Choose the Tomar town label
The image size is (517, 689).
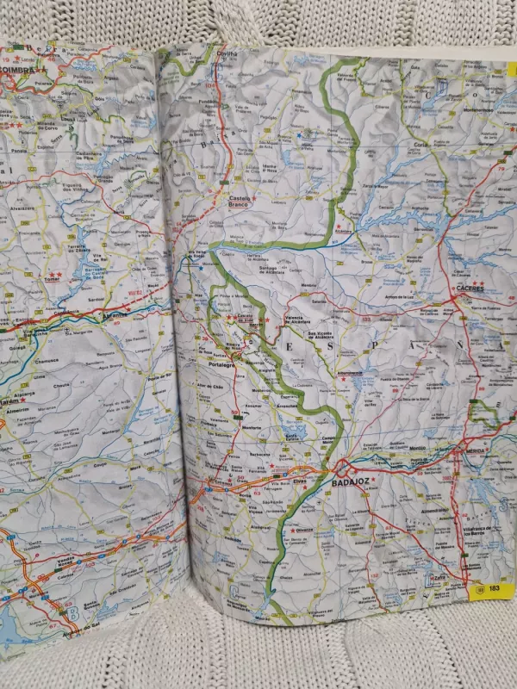49,279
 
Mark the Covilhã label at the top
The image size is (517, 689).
226,53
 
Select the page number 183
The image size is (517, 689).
494,588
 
